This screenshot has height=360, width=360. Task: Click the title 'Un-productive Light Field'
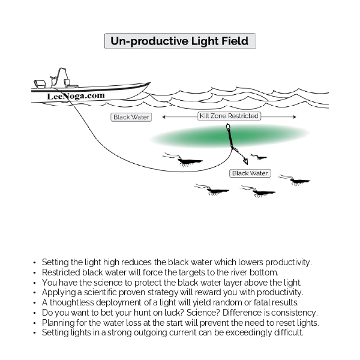coord(180,41)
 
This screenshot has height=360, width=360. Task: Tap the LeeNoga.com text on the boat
coord(76,95)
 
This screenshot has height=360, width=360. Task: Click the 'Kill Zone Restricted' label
coord(229,116)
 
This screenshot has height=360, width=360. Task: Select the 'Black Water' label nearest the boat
coord(131,117)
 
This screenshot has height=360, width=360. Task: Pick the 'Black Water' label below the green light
coord(250,173)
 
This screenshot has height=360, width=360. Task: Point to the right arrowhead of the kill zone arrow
coord(295,116)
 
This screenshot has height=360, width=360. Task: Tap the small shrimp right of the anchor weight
coord(259,157)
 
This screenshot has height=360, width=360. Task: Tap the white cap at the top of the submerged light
coord(229,127)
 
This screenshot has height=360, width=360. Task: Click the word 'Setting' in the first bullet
coord(55,263)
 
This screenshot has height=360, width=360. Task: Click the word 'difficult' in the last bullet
coord(287,332)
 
